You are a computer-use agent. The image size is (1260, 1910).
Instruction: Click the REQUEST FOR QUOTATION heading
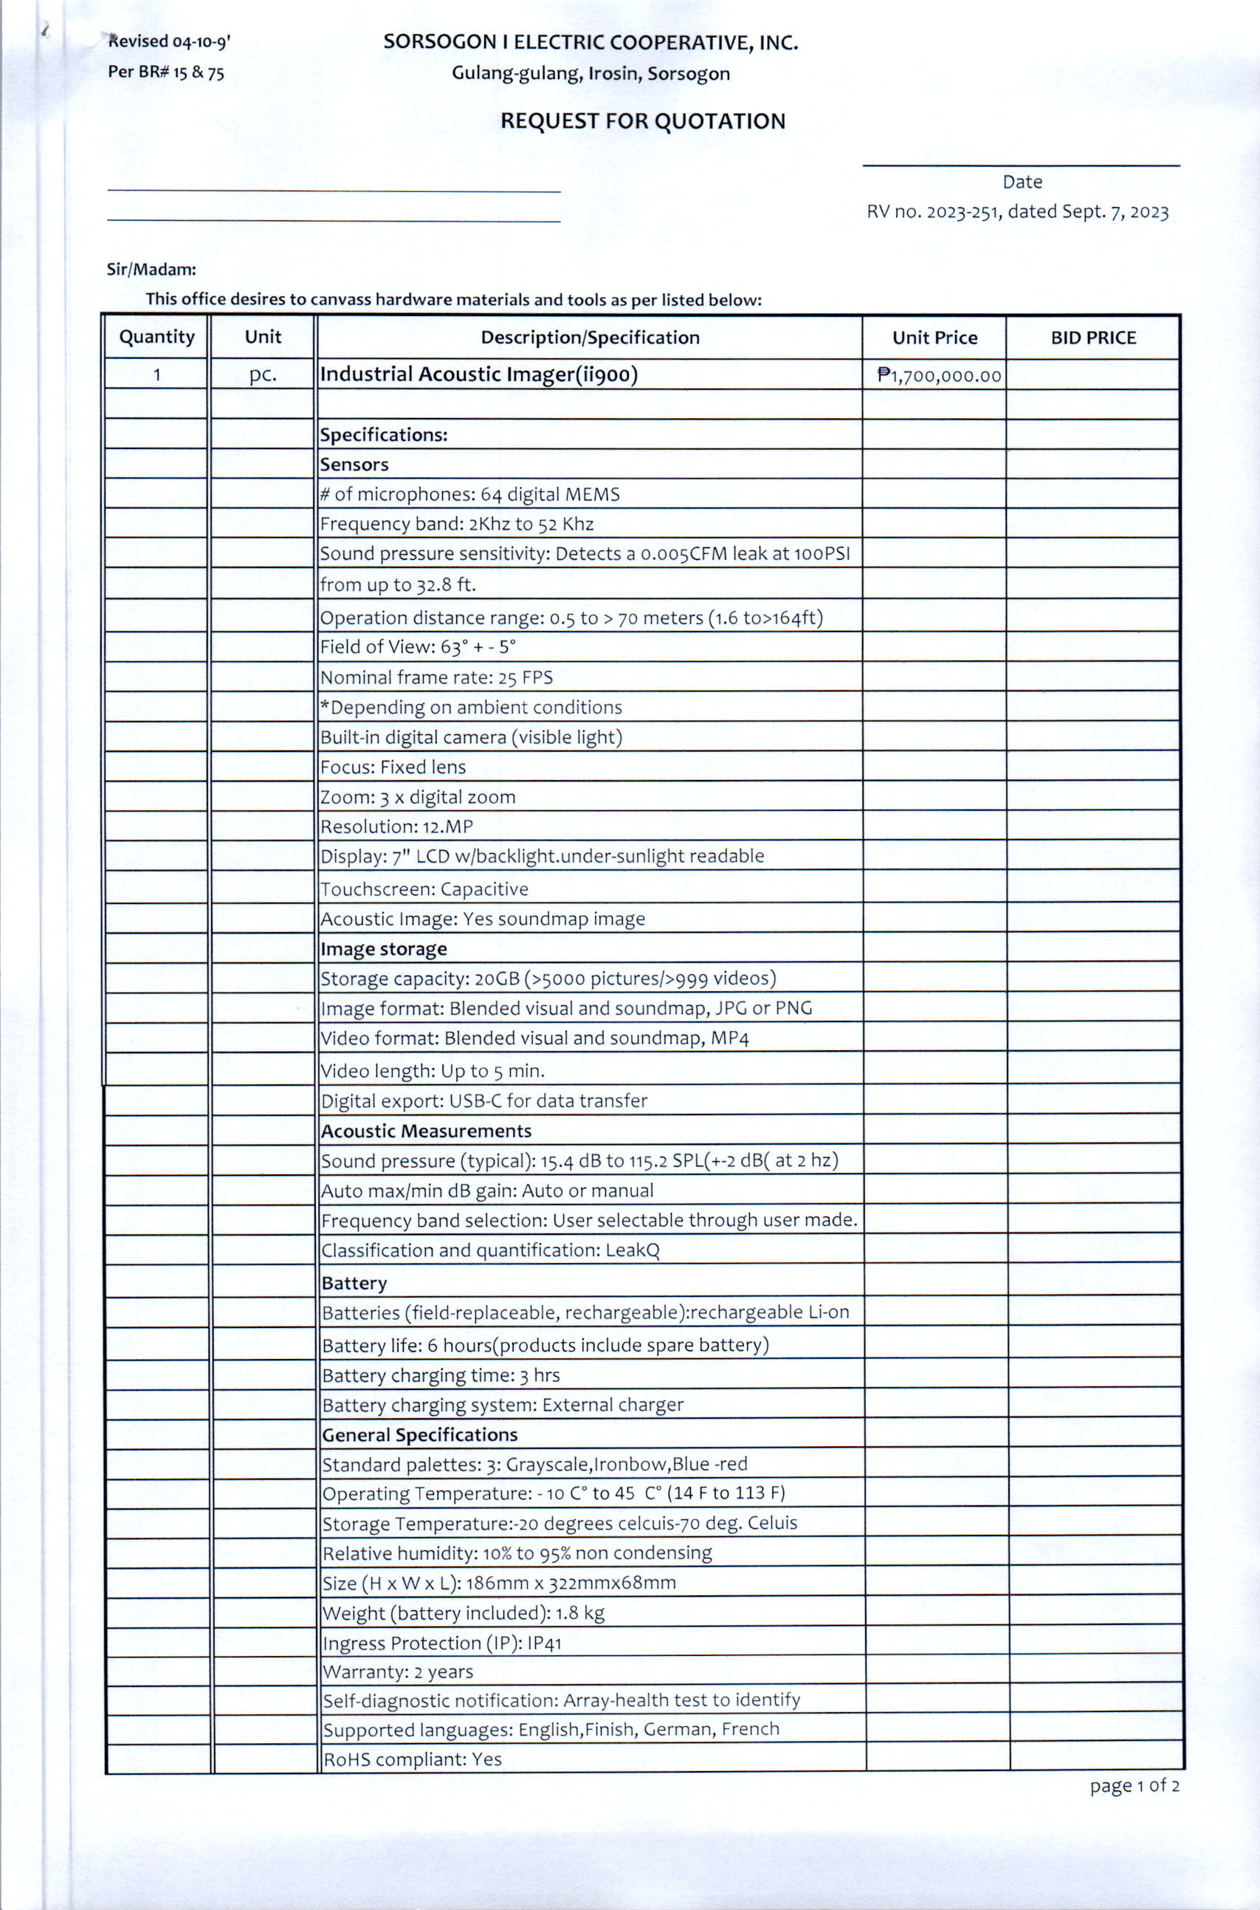click(642, 121)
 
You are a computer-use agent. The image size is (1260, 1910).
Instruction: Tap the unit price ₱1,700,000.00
click(940, 376)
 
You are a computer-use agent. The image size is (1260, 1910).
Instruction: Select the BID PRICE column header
click(1093, 338)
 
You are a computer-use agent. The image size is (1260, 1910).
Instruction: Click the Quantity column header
click(156, 337)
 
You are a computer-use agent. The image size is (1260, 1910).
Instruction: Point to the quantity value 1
click(156, 374)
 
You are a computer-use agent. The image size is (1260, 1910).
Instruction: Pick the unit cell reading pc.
click(263, 374)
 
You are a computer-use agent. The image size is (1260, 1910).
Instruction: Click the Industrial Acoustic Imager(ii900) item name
click(478, 374)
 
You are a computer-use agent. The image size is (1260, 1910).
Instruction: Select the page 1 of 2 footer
click(1134, 1785)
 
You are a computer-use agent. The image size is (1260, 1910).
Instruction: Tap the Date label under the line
click(1022, 182)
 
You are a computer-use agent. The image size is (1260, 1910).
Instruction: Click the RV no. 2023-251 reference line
click(1016, 211)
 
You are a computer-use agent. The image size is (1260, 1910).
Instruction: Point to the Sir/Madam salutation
click(151, 270)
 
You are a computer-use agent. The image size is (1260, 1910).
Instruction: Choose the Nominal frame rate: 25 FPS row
click(436, 678)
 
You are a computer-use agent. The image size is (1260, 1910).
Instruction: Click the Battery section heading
click(354, 1283)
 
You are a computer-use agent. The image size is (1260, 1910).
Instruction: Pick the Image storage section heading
click(383, 949)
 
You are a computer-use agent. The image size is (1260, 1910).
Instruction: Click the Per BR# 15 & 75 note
click(165, 72)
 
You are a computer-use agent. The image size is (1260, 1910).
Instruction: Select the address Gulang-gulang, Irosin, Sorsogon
click(590, 74)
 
